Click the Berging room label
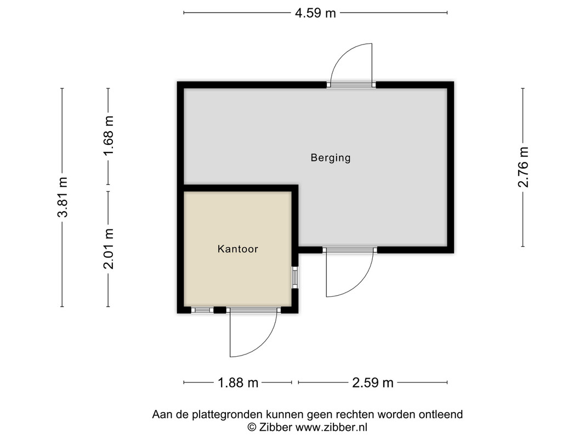331,158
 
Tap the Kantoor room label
237,249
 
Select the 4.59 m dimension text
315,13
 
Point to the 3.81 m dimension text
63,197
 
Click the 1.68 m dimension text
109,136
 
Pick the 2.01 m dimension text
109,249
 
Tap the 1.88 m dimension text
238,382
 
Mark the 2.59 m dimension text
373,382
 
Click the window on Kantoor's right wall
295,277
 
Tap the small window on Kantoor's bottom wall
202,310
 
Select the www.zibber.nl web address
331,427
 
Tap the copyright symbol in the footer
252,427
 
